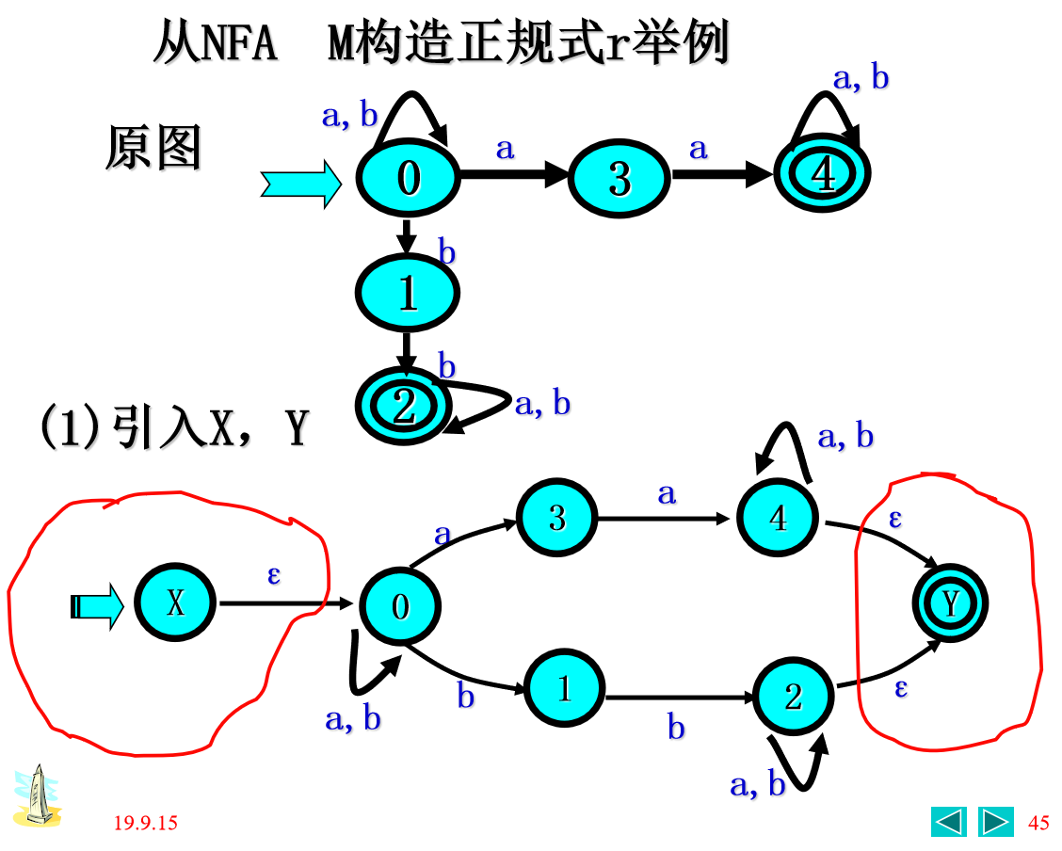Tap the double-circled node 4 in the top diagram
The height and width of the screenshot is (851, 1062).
(823, 175)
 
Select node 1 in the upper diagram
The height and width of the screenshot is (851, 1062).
(407, 294)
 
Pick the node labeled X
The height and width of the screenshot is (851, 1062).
(176, 603)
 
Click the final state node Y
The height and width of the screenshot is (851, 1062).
(951, 603)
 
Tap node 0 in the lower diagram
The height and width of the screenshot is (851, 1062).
(401, 606)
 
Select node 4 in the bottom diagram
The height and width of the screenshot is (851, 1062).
(778, 518)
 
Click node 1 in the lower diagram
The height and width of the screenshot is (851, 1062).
(564, 689)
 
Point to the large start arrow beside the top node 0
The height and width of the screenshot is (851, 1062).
(300, 184)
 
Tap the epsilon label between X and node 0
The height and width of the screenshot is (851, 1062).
(274, 574)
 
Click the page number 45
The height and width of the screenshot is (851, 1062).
(1038, 824)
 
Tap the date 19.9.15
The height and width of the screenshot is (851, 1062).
(145, 824)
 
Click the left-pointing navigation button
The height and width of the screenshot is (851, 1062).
(949, 822)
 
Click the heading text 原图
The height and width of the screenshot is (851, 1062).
(153, 149)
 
